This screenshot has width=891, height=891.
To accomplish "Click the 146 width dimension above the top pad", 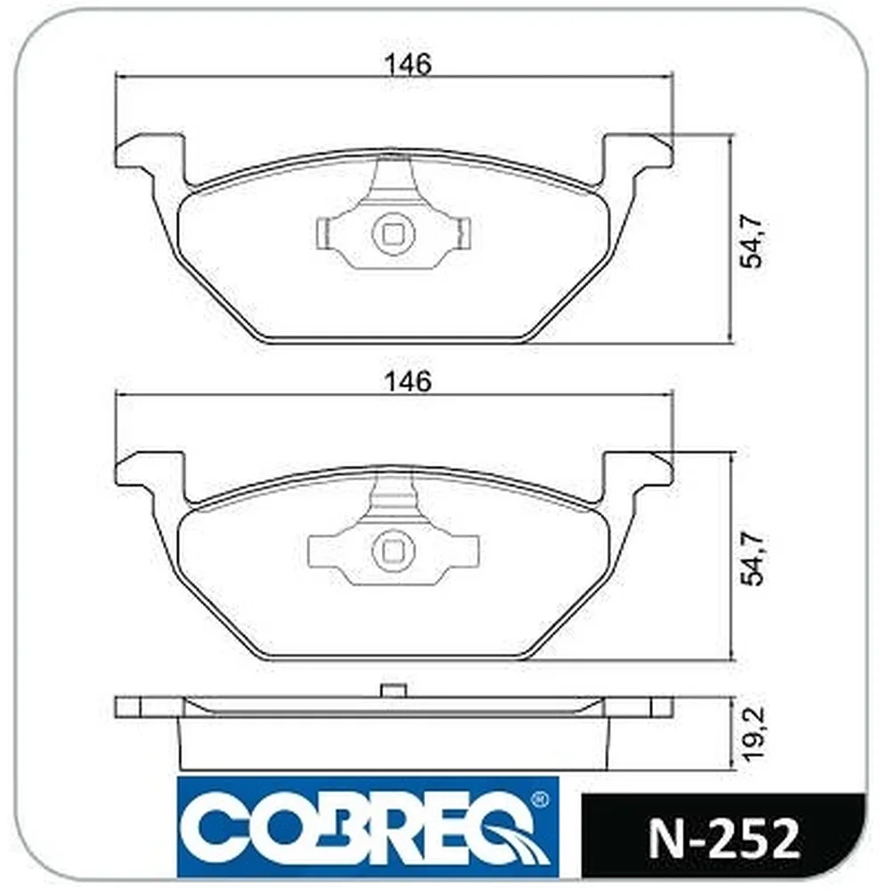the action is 408,64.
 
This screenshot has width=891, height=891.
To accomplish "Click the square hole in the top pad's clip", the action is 393,234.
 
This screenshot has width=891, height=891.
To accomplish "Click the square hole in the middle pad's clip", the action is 393,551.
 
